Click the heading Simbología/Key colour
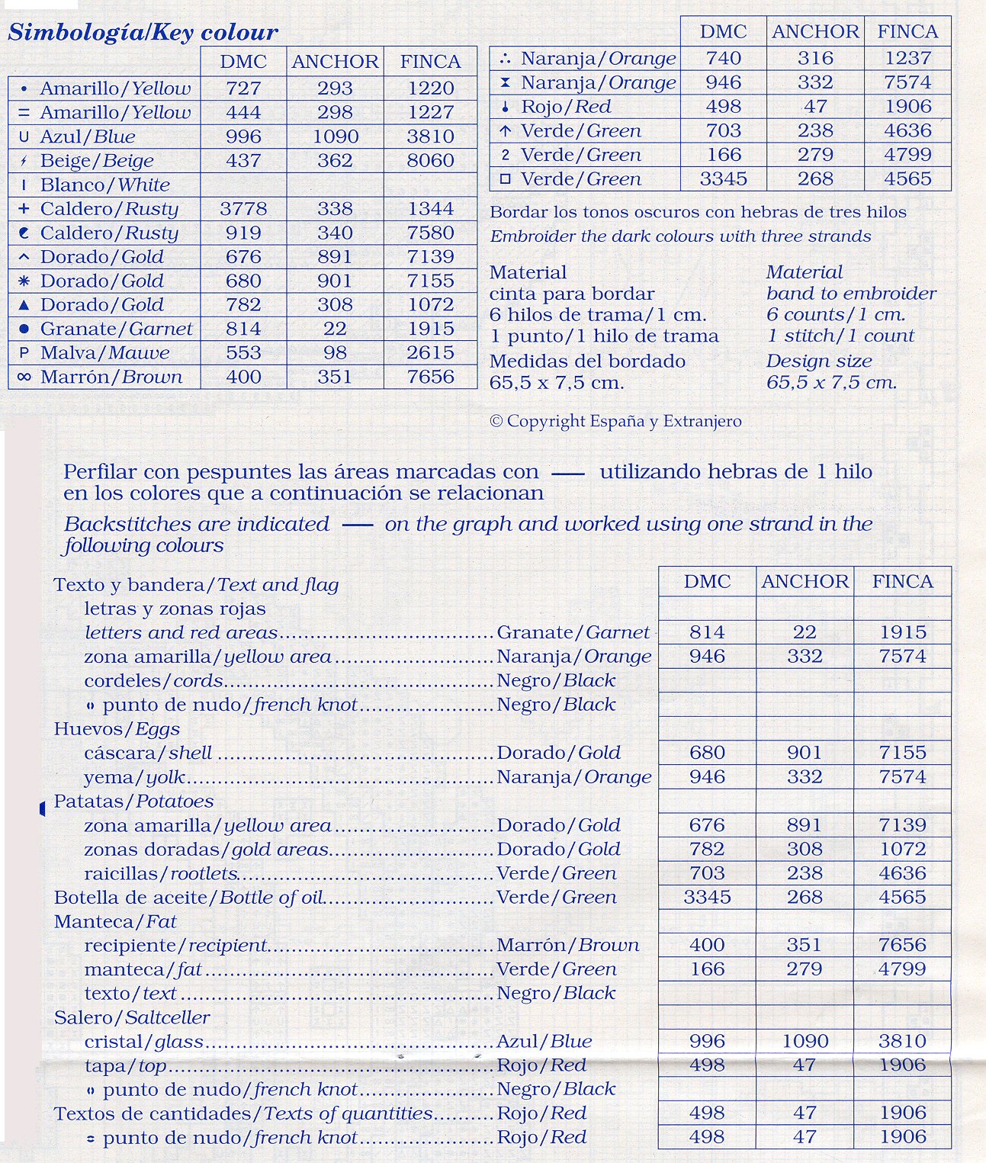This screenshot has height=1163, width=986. (143, 33)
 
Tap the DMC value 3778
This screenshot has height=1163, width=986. (243, 209)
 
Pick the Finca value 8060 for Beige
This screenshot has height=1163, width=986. (430, 161)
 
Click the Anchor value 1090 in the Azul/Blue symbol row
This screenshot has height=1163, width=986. (335, 137)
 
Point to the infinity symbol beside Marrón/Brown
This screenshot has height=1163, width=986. (24, 377)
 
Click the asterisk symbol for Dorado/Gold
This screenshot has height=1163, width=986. (24, 281)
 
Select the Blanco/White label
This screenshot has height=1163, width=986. (104, 185)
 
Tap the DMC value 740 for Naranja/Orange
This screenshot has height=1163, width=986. (723, 59)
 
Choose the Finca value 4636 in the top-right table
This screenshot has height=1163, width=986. (907, 130)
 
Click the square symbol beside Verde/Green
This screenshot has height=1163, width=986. (505, 179)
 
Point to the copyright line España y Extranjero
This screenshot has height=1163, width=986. (615, 421)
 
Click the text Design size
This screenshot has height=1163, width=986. (819, 361)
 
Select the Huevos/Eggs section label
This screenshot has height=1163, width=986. (117, 729)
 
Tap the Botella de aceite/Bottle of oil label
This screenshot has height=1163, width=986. (188, 898)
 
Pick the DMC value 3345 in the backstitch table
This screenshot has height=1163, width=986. (707, 898)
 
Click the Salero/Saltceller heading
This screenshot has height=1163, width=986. (131, 1018)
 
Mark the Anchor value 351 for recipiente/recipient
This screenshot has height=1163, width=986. (805, 946)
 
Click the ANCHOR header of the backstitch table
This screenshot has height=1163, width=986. (805, 582)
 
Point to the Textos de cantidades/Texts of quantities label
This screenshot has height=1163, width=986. (243, 1114)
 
